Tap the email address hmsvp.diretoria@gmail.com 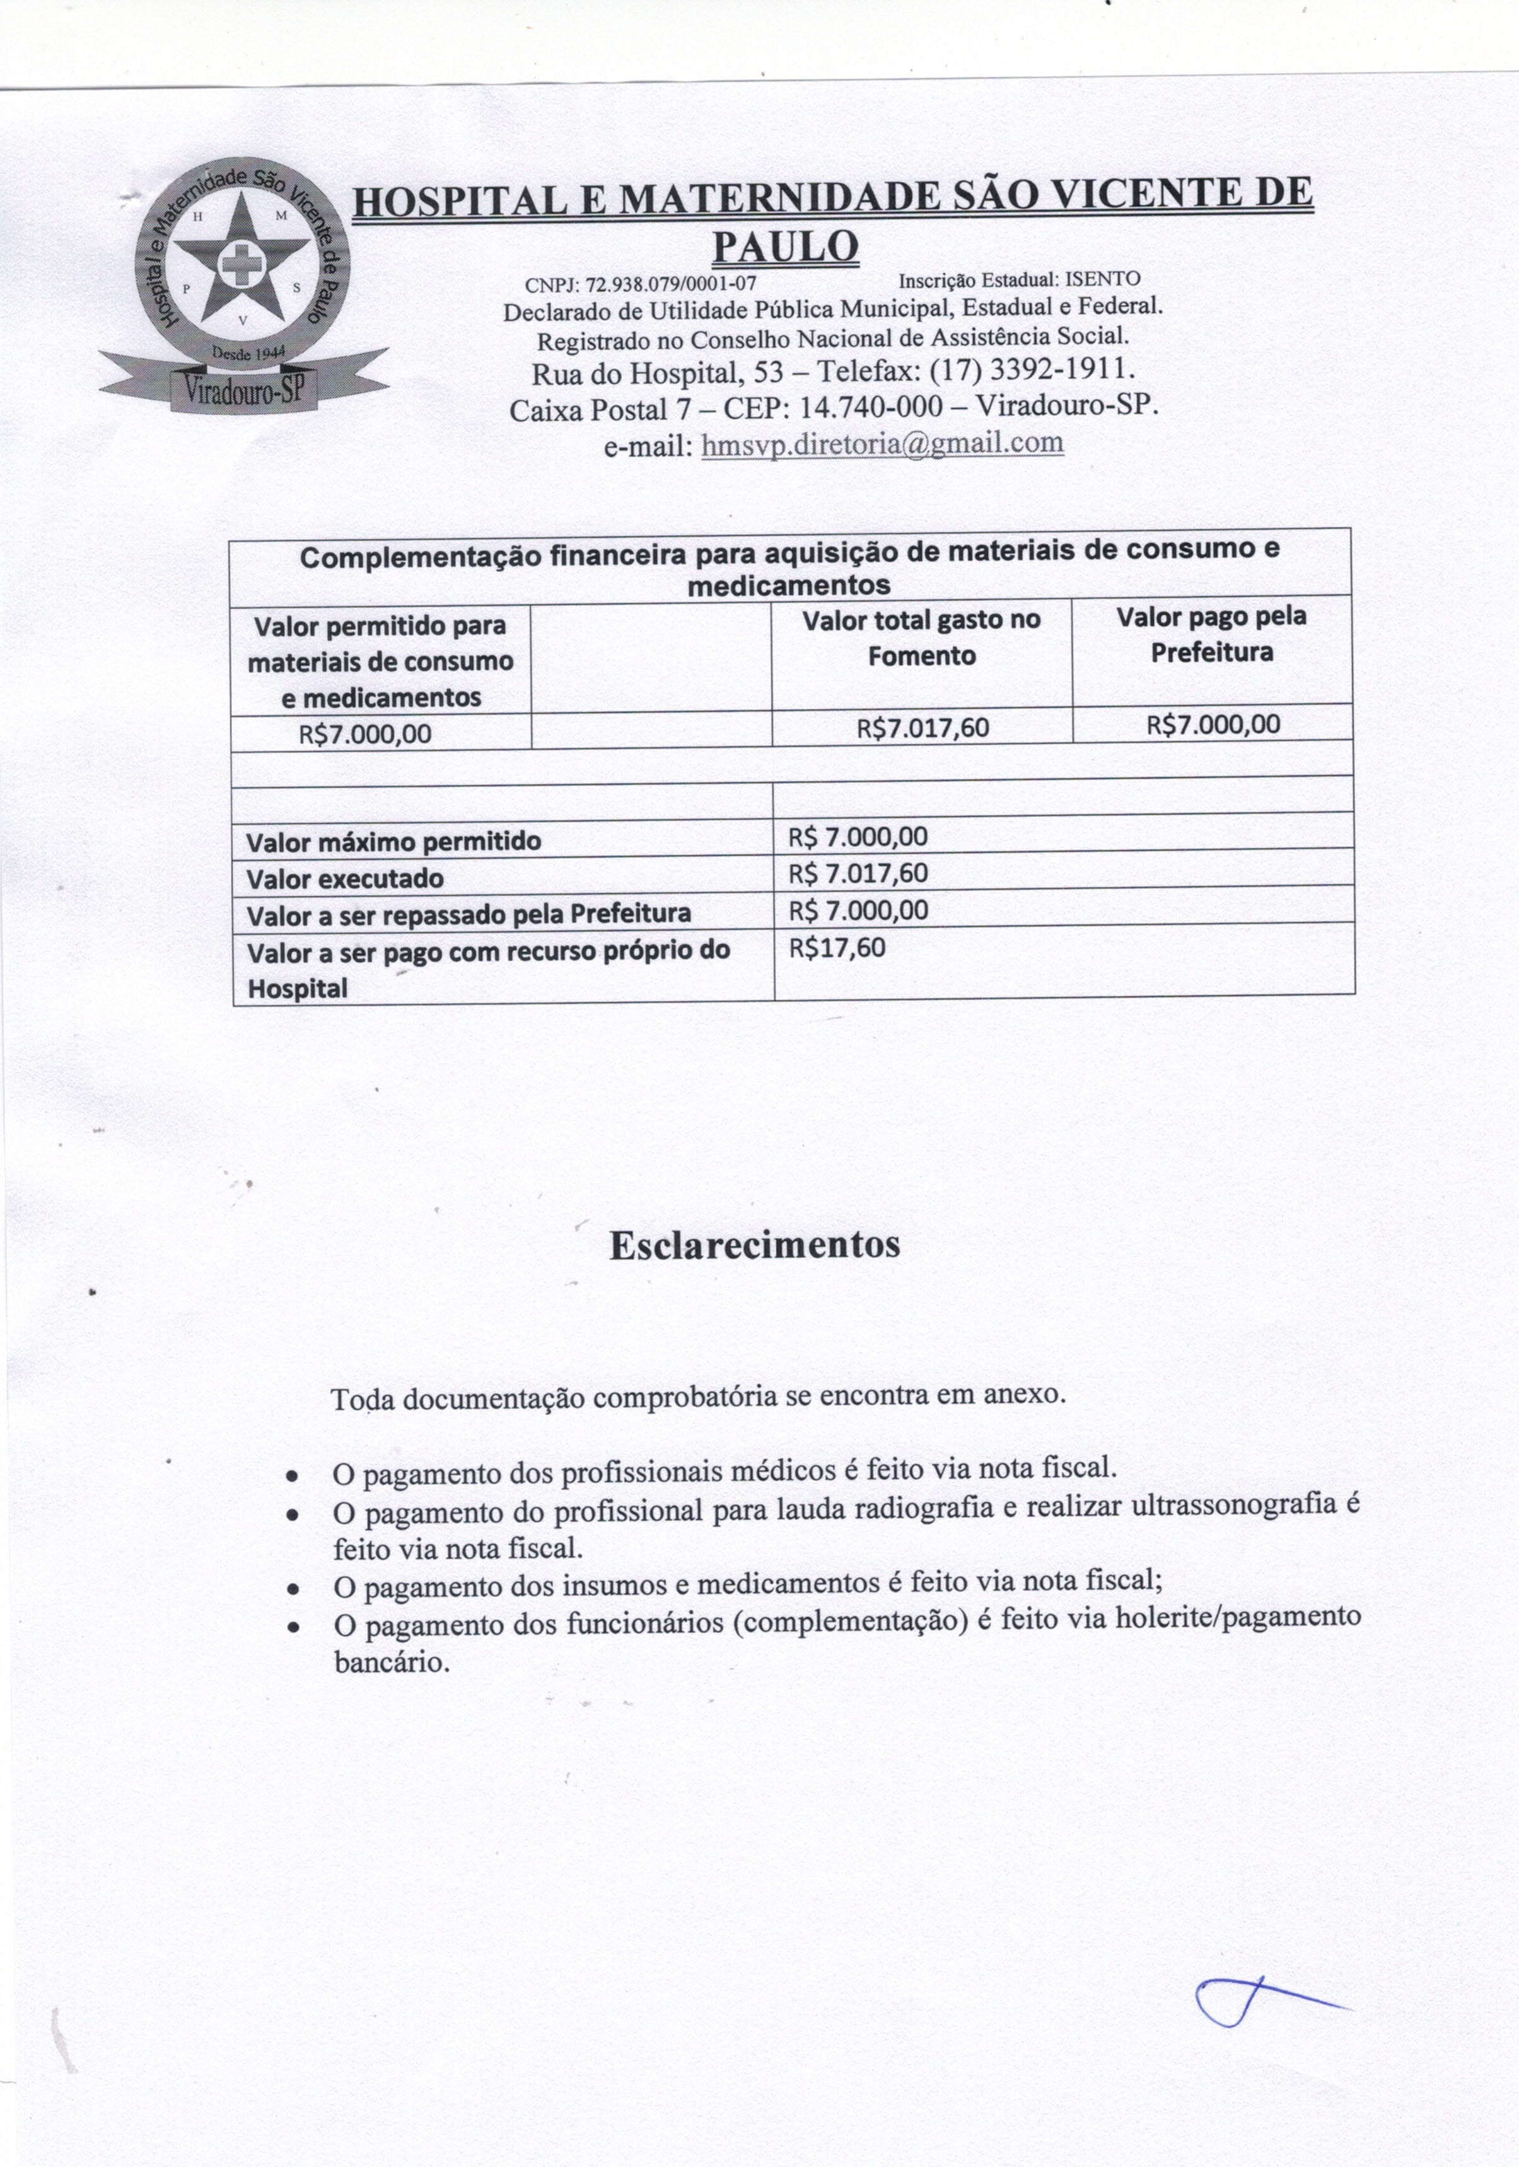883,444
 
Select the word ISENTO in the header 1103,279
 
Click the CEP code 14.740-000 870,408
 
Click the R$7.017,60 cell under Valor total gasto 922,728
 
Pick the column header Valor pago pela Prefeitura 1211,634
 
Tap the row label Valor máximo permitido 393,841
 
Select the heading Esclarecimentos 754,1245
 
